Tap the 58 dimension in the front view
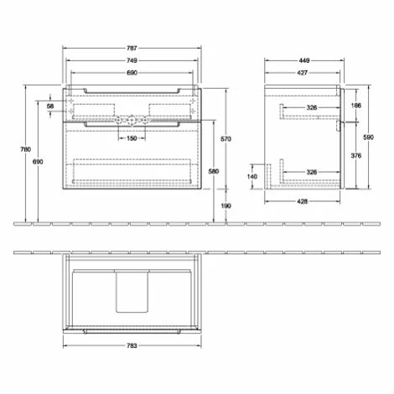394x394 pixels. click(x=50, y=108)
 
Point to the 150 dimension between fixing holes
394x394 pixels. click(x=132, y=137)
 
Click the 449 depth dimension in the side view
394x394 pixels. click(x=304, y=60)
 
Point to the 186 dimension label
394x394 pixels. click(x=356, y=106)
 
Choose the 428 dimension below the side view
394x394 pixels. click(x=301, y=201)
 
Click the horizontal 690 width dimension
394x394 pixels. click(x=132, y=75)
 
